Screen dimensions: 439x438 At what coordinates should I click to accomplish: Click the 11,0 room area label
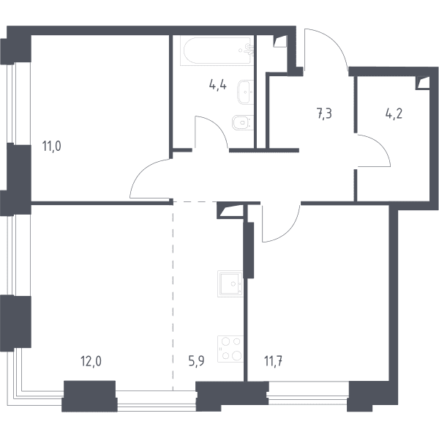pyautogui.click(x=51, y=146)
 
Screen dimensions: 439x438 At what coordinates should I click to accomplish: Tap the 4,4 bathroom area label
pyautogui.click(x=217, y=84)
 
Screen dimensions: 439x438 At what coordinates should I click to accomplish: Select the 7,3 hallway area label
pyautogui.click(x=324, y=114)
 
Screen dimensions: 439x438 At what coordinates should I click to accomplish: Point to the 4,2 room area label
pyautogui.click(x=394, y=114)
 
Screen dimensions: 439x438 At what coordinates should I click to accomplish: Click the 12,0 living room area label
pyautogui.click(x=91, y=361)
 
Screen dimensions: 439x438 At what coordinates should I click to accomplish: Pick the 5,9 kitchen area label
pyautogui.click(x=196, y=361)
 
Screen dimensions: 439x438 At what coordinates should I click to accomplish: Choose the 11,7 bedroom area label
pyautogui.click(x=273, y=361)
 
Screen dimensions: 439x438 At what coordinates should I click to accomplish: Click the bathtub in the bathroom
pyautogui.click(x=217, y=51)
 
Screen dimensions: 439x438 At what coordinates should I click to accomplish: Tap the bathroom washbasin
pyautogui.click(x=246, y=92)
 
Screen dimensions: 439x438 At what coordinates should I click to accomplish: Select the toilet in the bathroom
pyautogui.click(x=243, y=122)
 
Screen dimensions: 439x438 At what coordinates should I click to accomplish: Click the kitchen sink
pyautogui.click(x=230, y=283)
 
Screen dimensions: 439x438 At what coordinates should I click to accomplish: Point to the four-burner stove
pyautogui.click(x=230, y=349)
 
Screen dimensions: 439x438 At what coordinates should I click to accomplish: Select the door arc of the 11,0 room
pyautogui.click(x=143, y=171)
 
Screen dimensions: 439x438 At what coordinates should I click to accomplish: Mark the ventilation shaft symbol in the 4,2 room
pyautogui.click(x=423, y=83)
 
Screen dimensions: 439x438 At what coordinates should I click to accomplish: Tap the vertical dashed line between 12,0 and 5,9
pyautogui.click(x=173, y=296)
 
